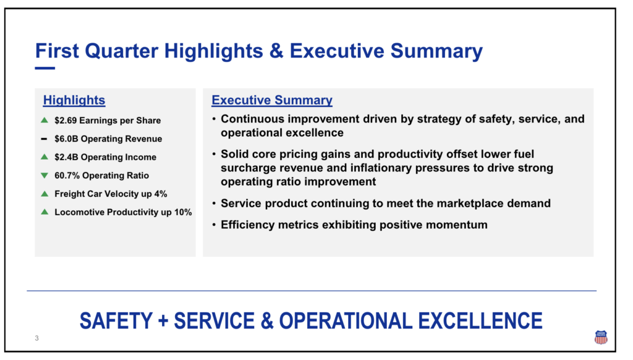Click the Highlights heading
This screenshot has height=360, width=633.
pyautogui.click(x=74, y=100)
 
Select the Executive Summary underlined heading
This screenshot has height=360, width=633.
pyautogui.click(x=272, y=100)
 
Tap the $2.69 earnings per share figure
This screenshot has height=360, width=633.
pyautogui.click(x=66, y=121)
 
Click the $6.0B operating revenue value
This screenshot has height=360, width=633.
pyautogui.click(x=67, y=139)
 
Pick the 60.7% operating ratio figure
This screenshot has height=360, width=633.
pyautogui.click(x=67, y=175)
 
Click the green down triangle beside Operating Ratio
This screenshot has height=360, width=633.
pyautogui.click(x=45, y=175)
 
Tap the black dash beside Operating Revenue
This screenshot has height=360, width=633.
pyautogui.click(x=44, y=139)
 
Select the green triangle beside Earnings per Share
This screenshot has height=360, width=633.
pyautogui.click(x=45, y=120)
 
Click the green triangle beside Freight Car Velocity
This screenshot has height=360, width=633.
pyautogui.click(x=45, y=194)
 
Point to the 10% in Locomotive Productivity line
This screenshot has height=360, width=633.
pyautogui.click(x=183, y=212)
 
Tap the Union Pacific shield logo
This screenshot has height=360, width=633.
pyautogui.click(x=601, y=337)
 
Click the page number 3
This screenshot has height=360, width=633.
pyautogui.click(x=36, y=338)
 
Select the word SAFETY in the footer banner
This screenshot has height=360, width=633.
pyautogui.click(x=116, y=321)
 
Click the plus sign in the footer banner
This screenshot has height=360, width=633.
pyautogui.click(x=163, y=322)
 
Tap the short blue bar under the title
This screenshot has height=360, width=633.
pyautogui.click(x=45, y=68)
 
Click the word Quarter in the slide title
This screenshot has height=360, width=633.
pyautogui.click(x=122, y=51)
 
